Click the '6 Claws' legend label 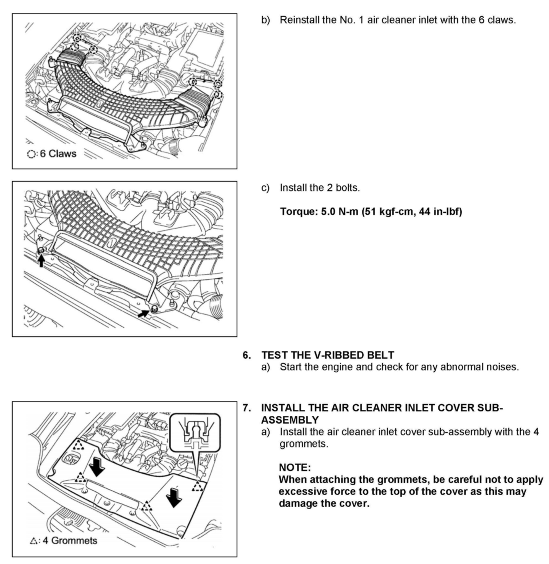tap(58, 154)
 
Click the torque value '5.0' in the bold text tap(328, 212)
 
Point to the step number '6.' tap(247, 355)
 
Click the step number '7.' tap(247, 408)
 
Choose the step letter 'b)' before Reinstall tap(266, 20)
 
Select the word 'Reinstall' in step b tap(300, 20)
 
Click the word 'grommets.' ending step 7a tap(304, 444)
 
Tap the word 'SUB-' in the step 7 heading tap(490, 408)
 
